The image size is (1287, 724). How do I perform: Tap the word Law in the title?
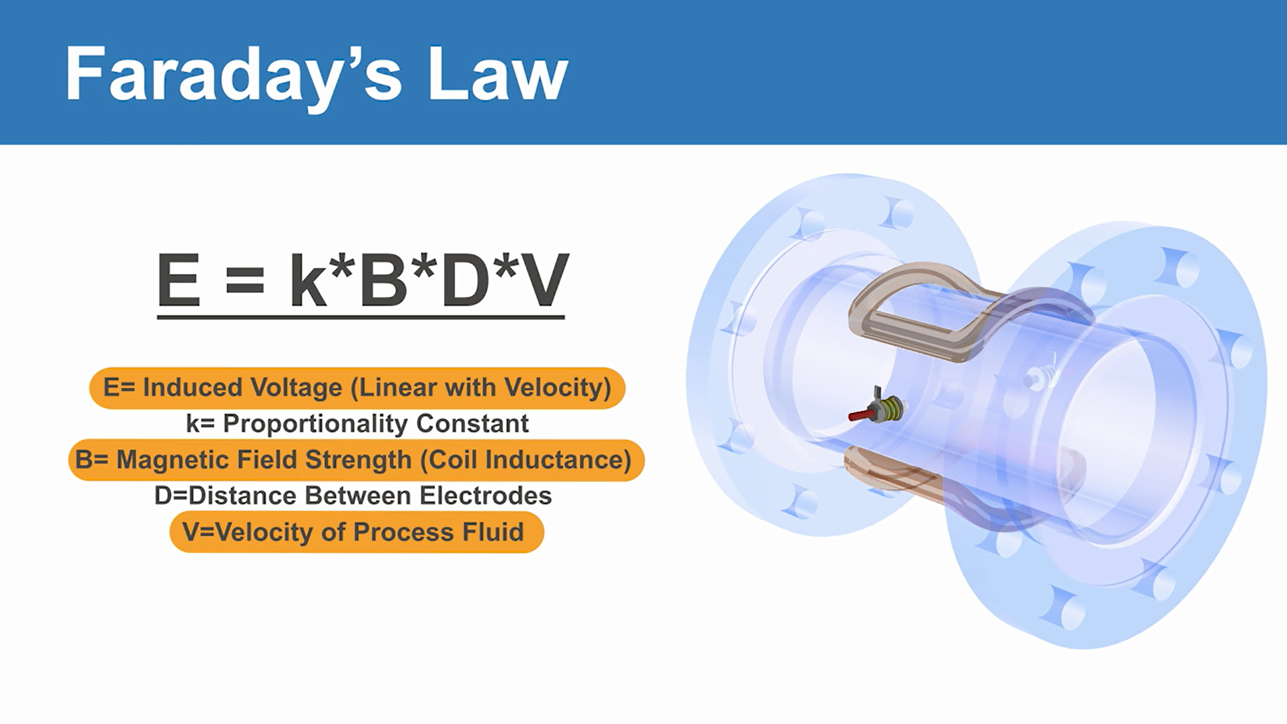point(498,73)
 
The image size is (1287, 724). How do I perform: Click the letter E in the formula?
point(179,279)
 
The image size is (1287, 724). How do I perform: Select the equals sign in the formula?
point(244,280)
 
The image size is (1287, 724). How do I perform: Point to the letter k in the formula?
point(308,278)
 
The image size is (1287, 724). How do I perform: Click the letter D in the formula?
point(465,279)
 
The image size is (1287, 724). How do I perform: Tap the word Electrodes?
point(486,496)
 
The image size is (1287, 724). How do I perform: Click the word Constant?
point(472,424)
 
